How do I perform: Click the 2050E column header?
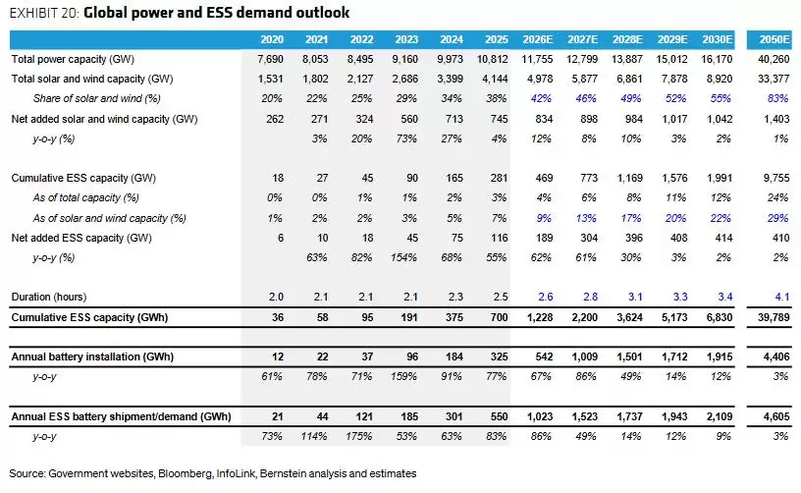point(774,39)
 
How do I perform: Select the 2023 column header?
point(406,39)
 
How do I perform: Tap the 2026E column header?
point(537,39)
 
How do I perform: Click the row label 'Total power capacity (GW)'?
point(73,59)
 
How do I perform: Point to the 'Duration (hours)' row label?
point(49,297)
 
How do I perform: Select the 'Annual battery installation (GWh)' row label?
point(92,356)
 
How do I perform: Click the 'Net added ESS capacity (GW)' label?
point(81,238)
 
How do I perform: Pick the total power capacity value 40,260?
point(774,59)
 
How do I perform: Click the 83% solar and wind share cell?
point(778,98)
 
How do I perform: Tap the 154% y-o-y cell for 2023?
point(404,257)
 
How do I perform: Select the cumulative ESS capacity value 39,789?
point(774,317)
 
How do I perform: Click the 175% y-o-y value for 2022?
point(359,436)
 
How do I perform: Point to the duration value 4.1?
point(782,297)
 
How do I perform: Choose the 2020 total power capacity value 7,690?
point(270,59)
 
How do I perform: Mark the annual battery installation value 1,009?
point(584,356)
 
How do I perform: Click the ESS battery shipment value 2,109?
point(720,416)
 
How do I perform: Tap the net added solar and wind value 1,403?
point(776,119)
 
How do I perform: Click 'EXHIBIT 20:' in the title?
point(44,13)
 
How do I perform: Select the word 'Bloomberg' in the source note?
point(185,473)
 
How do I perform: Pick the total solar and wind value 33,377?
point(774,79)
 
